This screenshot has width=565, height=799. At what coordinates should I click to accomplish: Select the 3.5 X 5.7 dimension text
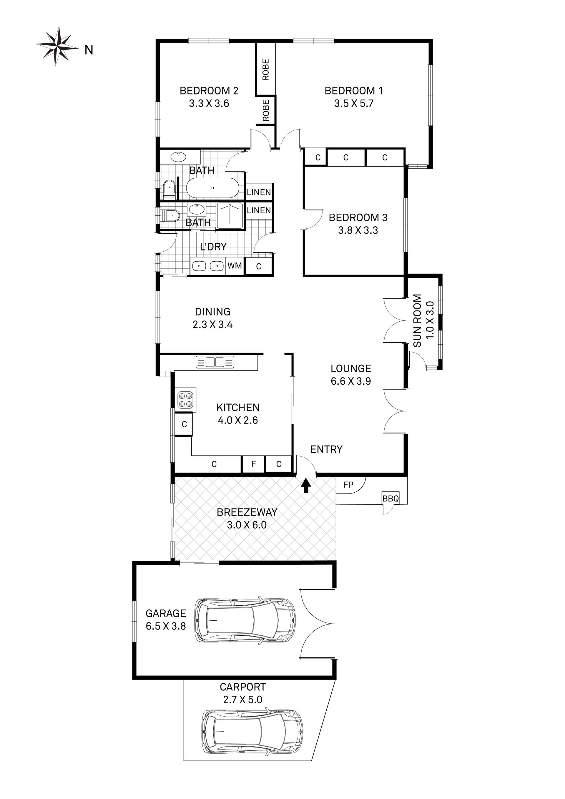[x=353, y=103]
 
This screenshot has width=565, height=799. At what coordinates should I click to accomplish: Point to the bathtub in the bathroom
[x=212, y=188]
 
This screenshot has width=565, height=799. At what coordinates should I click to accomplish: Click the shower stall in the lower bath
[x=230, y=216]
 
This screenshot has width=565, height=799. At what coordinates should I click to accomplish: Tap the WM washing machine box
[x=235, y=266]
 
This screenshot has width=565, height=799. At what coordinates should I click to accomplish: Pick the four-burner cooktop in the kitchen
[x=185, y=400]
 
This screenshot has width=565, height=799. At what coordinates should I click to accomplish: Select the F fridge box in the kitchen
[x=253, y=464]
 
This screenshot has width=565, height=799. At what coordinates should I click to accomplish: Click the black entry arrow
[x=306, y=485]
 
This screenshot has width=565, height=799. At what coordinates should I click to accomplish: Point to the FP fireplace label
[x=348, y=485]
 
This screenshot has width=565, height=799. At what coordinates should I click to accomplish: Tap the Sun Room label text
[x=417, y=321]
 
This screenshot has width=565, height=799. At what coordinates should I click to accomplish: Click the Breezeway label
[x=247, y=512]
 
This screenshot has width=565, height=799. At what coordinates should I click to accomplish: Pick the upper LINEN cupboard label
[x=258, y=192]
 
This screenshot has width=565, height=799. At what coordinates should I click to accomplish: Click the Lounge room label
[x=351, y=368]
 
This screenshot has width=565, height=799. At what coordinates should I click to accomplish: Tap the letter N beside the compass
[x=89, y=50]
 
